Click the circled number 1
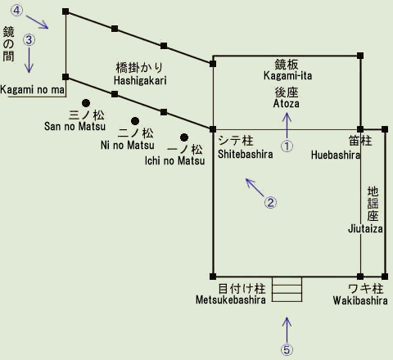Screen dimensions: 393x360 pyautogui.click(x=287, y=146)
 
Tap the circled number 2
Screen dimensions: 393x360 pyautogui.click(x=270, y=202)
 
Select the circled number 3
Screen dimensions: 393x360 pyautogui.click(x=29, y=40)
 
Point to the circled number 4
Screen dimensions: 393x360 pyautogui.click(x=16, y=11)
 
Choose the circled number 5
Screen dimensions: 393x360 pyautogui.click(x=287, y=349)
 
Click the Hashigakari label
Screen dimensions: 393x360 pyautogui.click(x=140, y=80)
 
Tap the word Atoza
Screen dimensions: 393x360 pyautogui.click(x=287, y=103)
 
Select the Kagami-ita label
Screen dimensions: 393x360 pyautogui.click(x=287, y=75)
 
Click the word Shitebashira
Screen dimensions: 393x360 pyautogui.click(x=245, y=154)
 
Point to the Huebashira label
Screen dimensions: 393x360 pyautogui.click(x=336, y=155)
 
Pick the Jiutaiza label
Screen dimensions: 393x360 pyautogui.click(x=365, y=228)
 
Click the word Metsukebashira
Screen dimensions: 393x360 pyautogui.click(x=231, y=300)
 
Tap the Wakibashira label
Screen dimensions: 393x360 pyautogui.click(x=360, y=300)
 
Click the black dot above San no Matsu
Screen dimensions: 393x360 pyautogui.click(x=86, y=103)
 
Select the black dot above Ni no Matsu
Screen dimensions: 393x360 pyautogui.click(x=135, y=121)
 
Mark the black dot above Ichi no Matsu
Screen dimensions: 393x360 pyautogui.click(x=184, y=137)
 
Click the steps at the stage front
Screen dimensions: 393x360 pyautogui.click(x=287, y=289)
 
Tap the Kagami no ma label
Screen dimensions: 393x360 pyautogui.click(x=33, y=89)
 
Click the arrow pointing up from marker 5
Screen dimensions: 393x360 pyautogui.click(x=287, y=330)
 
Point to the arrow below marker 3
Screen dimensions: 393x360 pyautogui.click(x=29, y=60)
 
